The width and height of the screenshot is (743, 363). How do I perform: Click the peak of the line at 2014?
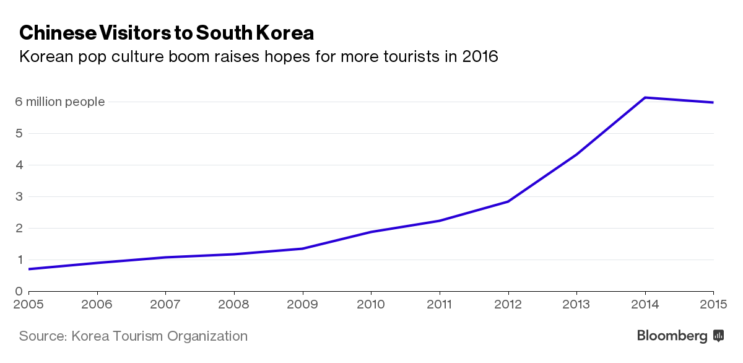coord(645,97)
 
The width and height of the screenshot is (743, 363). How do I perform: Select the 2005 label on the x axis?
coord(28,304)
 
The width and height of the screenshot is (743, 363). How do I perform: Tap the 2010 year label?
coord(371,304)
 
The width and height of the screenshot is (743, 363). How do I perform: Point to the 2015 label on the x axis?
coord(713,304)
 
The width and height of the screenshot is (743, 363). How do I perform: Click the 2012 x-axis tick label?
coord(508,304)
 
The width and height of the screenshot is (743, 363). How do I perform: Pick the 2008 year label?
coord(234,304)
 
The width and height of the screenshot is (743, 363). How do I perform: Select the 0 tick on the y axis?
coord(19,291)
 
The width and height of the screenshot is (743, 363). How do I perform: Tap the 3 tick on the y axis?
coord(19,196)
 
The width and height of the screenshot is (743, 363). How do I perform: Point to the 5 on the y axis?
coord(19,133)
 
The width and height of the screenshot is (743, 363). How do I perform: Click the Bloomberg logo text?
coord(672,336)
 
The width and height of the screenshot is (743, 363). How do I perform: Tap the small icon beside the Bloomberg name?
coord(719,336)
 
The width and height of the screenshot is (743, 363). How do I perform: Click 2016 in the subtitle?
coord(480,57)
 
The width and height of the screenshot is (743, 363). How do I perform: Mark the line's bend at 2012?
coord(508,201)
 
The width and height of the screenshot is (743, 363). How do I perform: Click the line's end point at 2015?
coord(713,102)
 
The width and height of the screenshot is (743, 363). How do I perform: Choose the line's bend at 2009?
coord(303,248)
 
